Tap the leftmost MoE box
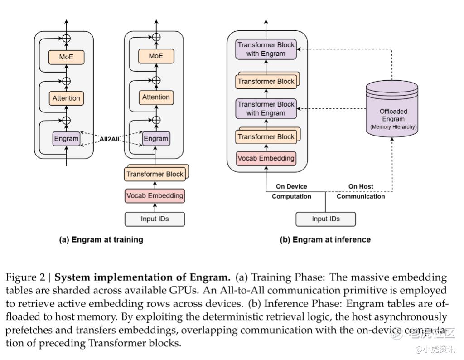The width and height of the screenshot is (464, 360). click(66, 57)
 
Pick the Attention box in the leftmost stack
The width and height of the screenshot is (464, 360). click(66, 98)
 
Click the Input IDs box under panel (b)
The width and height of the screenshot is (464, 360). click(325, 219)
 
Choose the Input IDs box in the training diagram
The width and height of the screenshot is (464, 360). click(155, 219)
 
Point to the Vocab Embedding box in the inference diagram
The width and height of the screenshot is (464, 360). click(266, 158)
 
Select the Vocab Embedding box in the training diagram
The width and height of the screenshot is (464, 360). click(155, 196)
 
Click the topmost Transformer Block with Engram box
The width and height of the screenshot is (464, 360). click(266, 49)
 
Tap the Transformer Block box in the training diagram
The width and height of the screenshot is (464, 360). click(155, 174)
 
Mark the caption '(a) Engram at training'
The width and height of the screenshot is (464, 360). click(101, 240)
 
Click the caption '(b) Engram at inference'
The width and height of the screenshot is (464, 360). click(325, 240)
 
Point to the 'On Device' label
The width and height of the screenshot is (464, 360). click(291, 186)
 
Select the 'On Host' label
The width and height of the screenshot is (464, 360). click(361, 186)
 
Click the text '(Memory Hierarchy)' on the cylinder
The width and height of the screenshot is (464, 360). click(393, 127)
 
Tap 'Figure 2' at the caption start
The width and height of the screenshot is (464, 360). click(27, 277)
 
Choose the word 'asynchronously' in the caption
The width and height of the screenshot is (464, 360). click(413, 316)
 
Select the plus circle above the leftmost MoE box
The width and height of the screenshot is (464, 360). click(67, 39)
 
